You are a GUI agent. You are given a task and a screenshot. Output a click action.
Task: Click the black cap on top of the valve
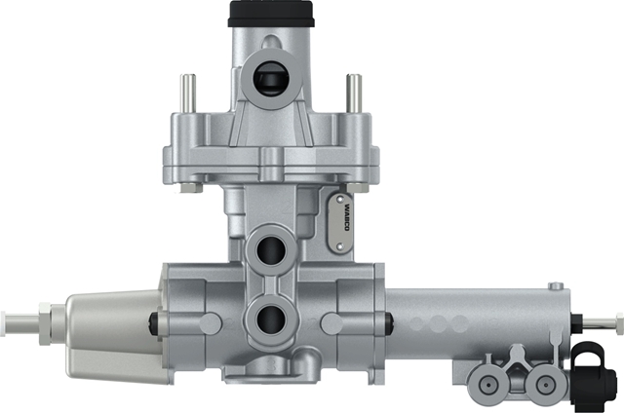(x=271, y=14)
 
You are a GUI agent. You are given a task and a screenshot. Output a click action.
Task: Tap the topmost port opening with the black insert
(x=271, y=79)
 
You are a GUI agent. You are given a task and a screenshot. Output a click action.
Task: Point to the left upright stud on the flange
(x=188, y=94)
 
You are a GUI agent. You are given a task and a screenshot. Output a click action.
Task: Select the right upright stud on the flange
(x=354, y=94)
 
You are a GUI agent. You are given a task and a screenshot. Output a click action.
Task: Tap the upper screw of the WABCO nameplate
(x=340, y=199)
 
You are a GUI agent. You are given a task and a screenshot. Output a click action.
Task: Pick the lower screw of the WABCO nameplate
(x=339, y=246)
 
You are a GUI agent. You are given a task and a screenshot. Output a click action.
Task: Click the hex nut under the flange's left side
(x=191, y=187)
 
